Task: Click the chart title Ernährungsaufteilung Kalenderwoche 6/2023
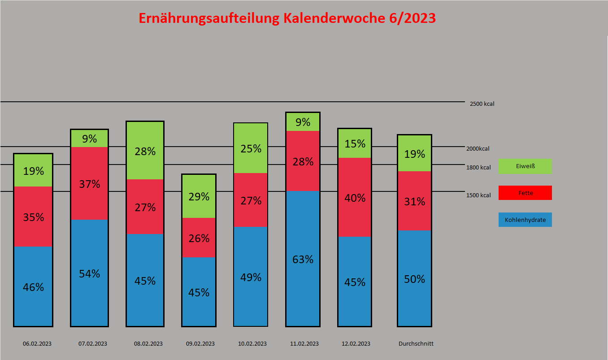[287, 18]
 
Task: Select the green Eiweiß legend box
[525, 166]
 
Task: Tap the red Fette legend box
[525, 193]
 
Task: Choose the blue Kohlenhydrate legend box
[525, 220]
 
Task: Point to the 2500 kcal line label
[482, 104]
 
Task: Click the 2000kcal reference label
[478, 149]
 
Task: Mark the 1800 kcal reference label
[478, 168]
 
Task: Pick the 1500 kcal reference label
[478, 195]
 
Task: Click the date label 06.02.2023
[37, 344]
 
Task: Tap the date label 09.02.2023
[200, 344]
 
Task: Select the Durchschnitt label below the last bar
[416, 344]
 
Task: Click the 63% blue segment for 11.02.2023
[303, 259]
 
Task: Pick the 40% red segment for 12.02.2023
[355, 197]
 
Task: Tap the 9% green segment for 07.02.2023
[89, 139]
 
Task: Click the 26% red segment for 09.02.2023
[199, 238]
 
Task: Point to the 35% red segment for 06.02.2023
[33, 217]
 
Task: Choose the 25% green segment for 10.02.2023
[251, 148]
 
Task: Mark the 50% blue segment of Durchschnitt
[414, 278]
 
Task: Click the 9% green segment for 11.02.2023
[303, 122]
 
